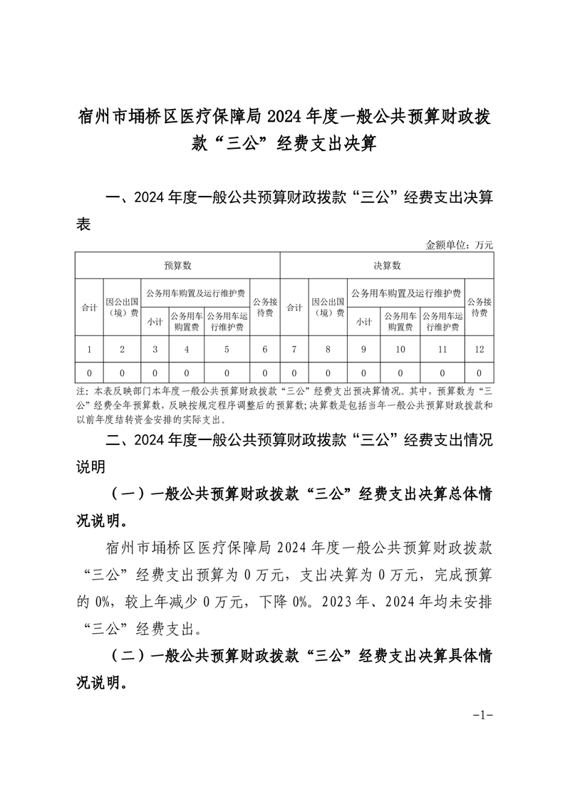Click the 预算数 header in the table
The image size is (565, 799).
click(x=177, y=266)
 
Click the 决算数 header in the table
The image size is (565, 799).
click(x=388, y=266)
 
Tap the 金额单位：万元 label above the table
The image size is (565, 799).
click(x=459, y=245)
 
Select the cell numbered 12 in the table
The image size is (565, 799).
click(x=480, y=350)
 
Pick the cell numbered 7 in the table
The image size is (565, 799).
click(x=294, y=350)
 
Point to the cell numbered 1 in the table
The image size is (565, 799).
click(x=89, y=350)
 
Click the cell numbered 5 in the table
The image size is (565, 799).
click(x=227, y=350)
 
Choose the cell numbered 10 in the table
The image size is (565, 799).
click(x=400, y=350)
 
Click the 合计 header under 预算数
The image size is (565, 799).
click(x=89, y=308)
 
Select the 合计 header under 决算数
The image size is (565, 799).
click(x=294, y=308)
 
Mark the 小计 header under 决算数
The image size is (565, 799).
click(x=364, y=321)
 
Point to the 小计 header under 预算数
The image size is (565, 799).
click(x=155, y=321)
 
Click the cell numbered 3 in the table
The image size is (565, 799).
click(x=155, y=350)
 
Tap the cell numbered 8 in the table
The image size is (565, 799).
click(x=328, y=350)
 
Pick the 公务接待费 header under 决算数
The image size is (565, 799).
click(x=480, y=307)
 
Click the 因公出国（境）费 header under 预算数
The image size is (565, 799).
click(x=122, y=307)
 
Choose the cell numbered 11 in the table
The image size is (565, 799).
click(x=442, y=350)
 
